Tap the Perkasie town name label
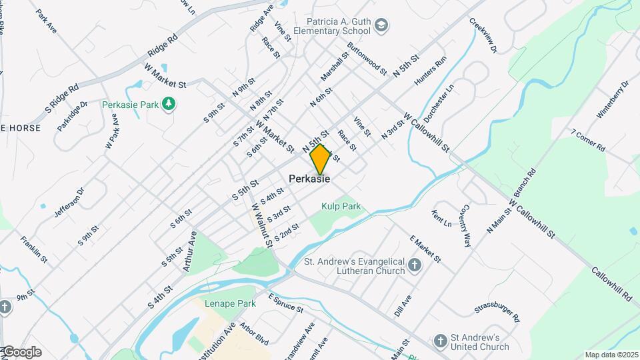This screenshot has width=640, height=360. coord(309,179)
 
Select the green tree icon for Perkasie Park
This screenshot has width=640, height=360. coord(169,104)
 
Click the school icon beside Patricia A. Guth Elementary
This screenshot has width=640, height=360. coord(382,26)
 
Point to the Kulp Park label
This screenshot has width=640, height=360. coord(341,207)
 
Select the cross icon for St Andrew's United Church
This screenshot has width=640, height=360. coord(440,342)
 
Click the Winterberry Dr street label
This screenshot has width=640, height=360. coord(613,100)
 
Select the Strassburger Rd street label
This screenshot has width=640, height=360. coord(497,311)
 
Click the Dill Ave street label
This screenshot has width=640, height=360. coord(403,305)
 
